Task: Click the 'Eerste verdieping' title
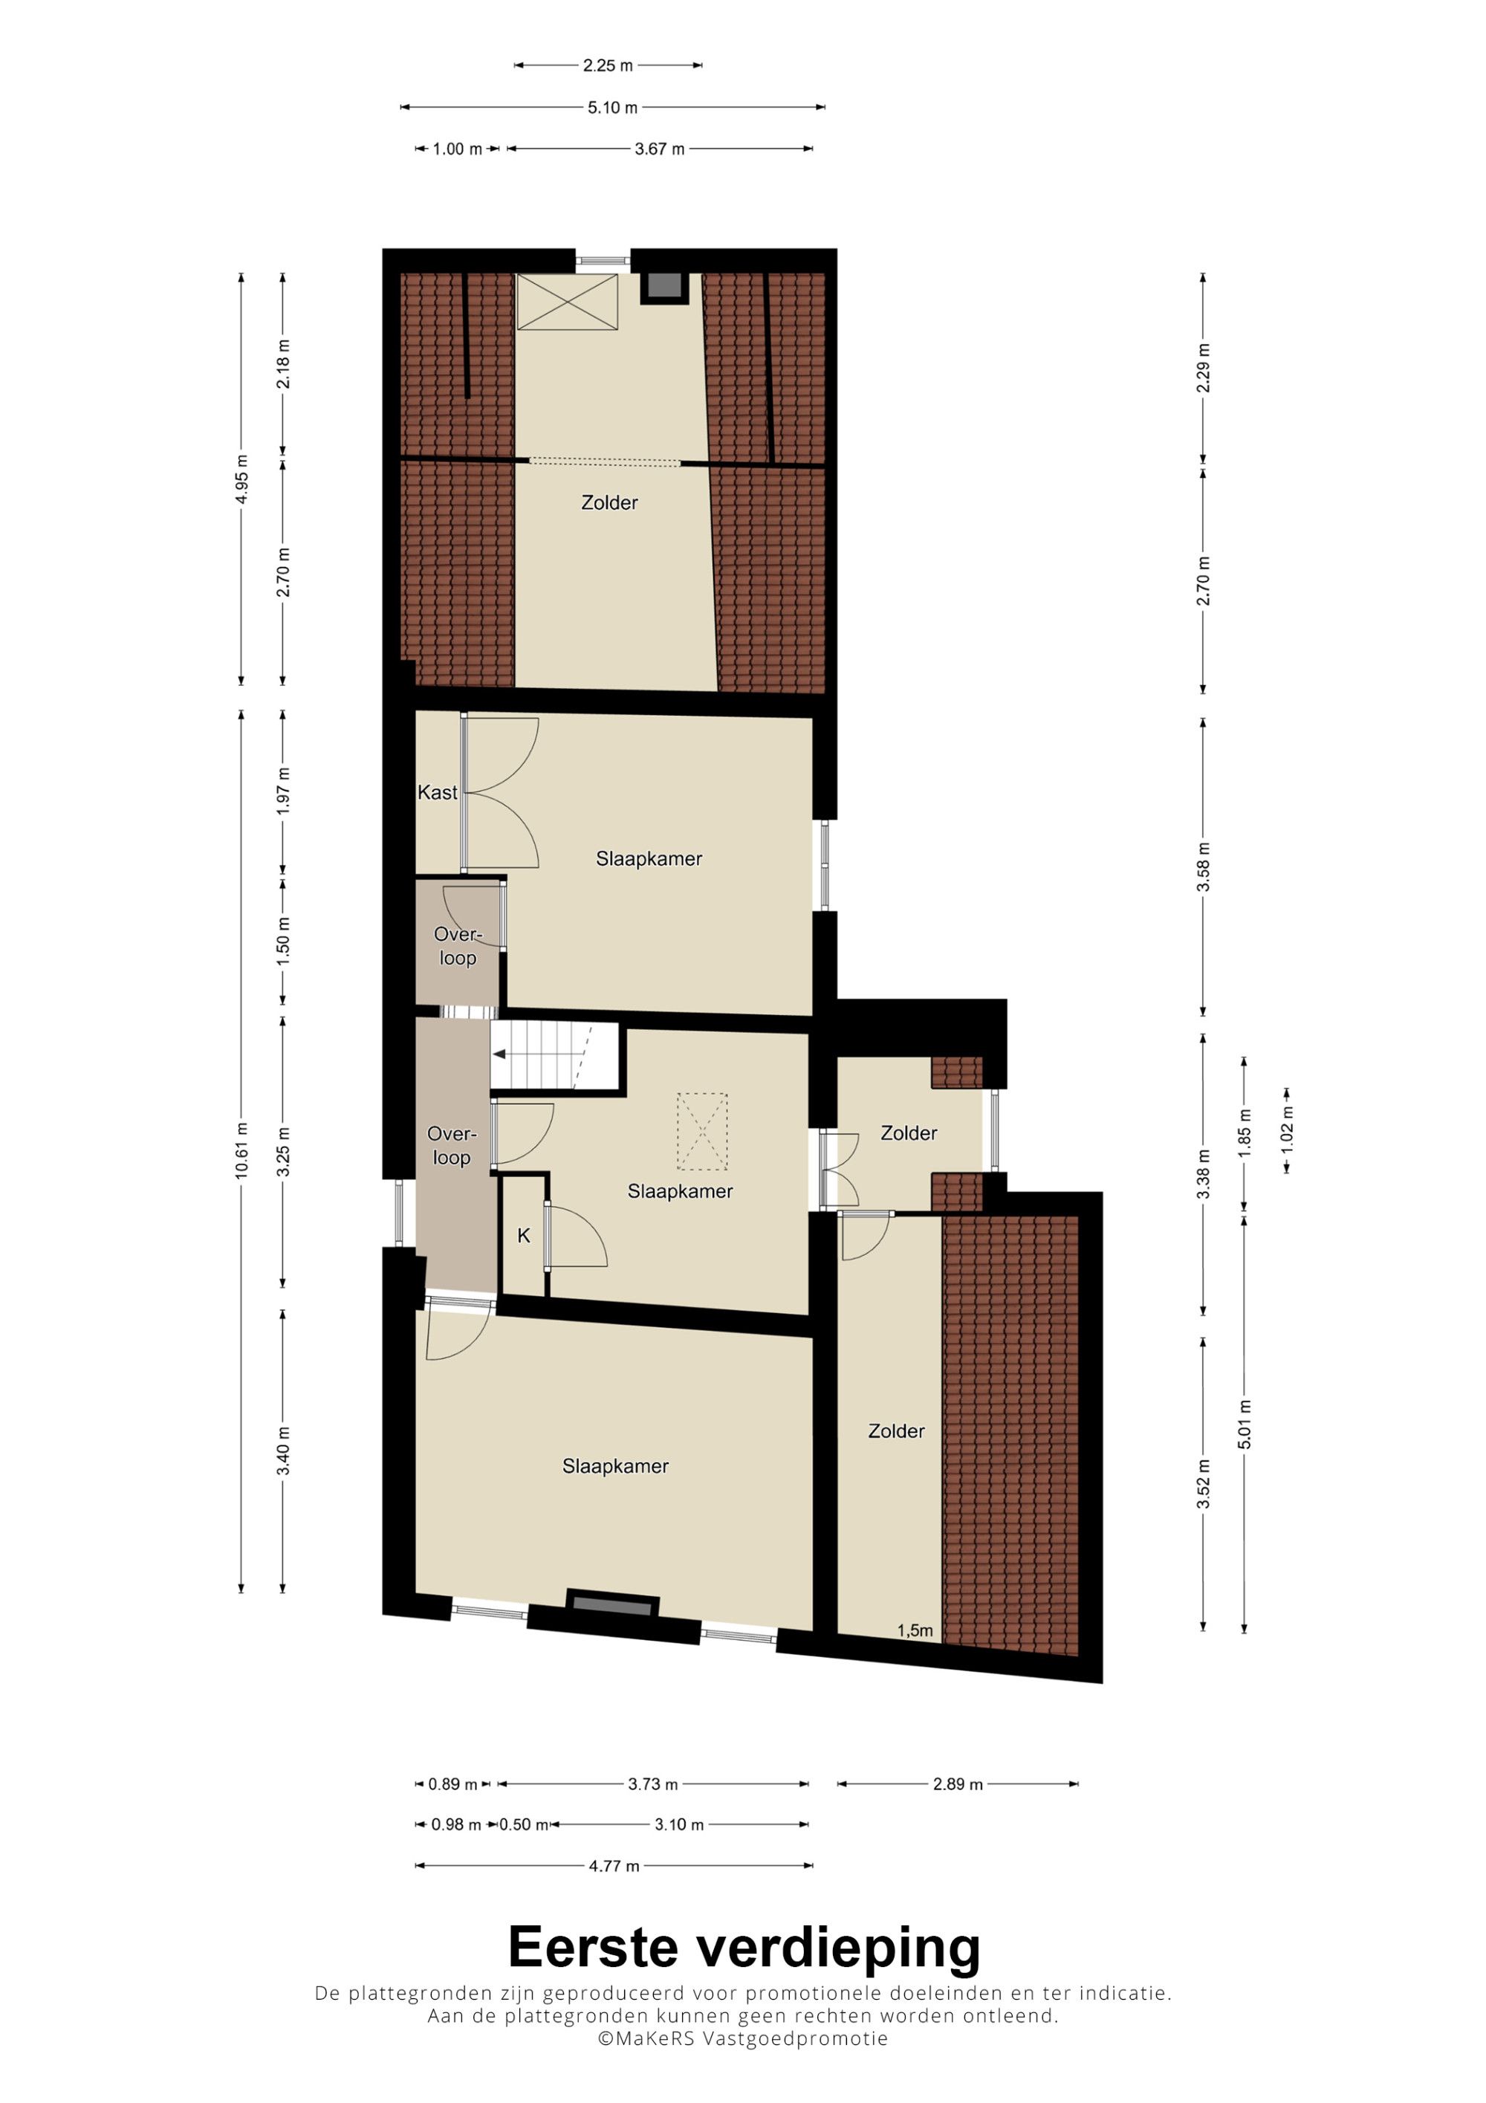coord(744,1947)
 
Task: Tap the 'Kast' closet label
coord(437,792)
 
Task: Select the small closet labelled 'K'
coord(524,1236)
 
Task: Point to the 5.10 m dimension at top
coord(612,107)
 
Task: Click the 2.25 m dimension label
coord(608,65)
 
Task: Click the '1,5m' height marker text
coord(915,1630)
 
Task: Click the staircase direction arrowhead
coord(499,1054)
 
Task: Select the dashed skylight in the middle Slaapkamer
coord(701,1131)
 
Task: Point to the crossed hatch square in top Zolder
coord(568,302)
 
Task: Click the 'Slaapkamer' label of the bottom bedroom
coord(615,1466)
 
